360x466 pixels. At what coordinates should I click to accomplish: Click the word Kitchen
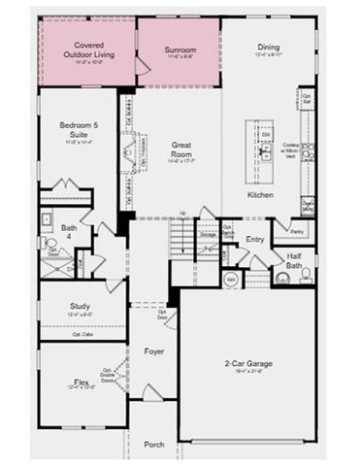pyautogui.click(x=260, y=195)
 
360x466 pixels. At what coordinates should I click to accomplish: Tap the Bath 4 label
pyautogui.click(x=69, y=232)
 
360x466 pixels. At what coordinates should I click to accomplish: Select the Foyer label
pyautogui.click(x=154, y=351)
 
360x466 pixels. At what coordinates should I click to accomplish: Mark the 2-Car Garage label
pyautogui.click(x=246, y=363)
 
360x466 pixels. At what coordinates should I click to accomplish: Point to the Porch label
pyautogui.click(x=154, y=444)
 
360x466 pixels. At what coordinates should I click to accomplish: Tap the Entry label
pyautogui.click(x=255, y=239)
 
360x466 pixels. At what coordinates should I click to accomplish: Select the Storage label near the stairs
pyautogui.click(x=208, y=233)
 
